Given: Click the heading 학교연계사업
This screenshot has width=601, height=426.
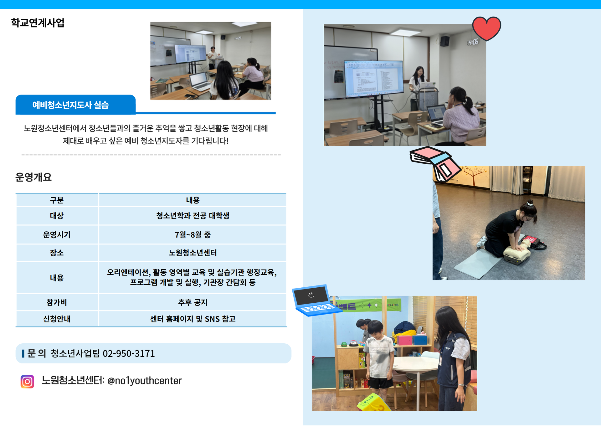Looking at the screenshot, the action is pos(38,23).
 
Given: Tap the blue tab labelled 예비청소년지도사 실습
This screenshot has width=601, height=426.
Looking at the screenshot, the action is pos(75,105).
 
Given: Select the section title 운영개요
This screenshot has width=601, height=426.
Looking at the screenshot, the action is pos(33,177).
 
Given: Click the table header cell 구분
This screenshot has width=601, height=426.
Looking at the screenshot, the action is pos(57,200).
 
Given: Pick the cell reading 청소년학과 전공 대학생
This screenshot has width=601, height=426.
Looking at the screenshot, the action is pos(193,216).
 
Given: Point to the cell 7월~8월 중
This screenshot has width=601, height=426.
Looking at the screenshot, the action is pos(193,235).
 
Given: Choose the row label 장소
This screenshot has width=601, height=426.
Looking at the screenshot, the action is pos(57,253).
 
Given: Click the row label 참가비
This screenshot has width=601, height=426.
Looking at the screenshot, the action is pos(57,302).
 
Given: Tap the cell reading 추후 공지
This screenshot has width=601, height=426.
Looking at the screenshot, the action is pos(193,302).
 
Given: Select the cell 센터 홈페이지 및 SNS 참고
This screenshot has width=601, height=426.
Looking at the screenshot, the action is pos(193,319).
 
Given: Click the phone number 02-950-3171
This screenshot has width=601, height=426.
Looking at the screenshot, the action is pos(129,354).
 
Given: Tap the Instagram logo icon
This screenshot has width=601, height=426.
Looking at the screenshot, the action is pos(27,382).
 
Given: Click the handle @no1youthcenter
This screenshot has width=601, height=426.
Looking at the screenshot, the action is pos(144,381).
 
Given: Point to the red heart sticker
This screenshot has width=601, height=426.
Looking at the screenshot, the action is pos(486,28).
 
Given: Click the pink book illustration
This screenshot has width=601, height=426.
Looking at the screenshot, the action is pos(435,163).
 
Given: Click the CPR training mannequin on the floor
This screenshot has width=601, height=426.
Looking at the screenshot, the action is pos(517,252).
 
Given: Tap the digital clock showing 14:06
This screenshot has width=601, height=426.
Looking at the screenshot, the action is pos(473,42).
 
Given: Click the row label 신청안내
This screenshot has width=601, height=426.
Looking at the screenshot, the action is pos(57,319).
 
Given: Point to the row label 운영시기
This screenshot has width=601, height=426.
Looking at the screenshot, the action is pos(57,235).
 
